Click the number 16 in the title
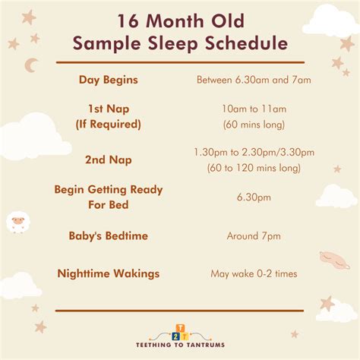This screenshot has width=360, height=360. pyautogui.click(x=128, y=21)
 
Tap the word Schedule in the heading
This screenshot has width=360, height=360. pyautogui.click(x=246, y=43)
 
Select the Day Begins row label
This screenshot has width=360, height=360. pyautogui.click(x=109, y=80)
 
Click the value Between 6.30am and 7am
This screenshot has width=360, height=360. pyautogui.click(x=254, y=80)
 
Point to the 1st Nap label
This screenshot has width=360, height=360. pyautogui.click(x=109, y=109)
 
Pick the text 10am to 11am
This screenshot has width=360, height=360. pyautogui.click(x=254, y=109)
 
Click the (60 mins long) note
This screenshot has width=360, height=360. pyautogui.click(x=254, y=125)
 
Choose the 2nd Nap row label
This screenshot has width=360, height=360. pyautogui.click(x=109, y=160)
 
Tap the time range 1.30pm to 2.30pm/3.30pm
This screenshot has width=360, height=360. pyautogui.click(x=254, y=153)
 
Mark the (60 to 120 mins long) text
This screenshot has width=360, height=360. pyautogui.click(x=254, y=168)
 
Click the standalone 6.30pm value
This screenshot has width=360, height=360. pyautogui.click(x=254, y=197)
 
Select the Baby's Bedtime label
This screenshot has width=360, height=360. pyautogui.click(x=109, y=236)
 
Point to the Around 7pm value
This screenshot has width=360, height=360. pyautogui.click(x=254, y=236)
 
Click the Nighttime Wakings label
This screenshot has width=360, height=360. pyautogui.click(x=109, y=273)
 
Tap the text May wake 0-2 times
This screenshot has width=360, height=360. pyautogui.click(x=254, y=273)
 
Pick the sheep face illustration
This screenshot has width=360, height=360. pyautogui.click(x=18, y=222)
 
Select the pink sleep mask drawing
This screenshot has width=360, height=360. pyautogui.click(x=333, y=260)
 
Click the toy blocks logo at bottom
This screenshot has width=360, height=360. pyautogui.click(x=180, y=333)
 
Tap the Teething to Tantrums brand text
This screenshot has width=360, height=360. pyautogui.click(x=180, y=345)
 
